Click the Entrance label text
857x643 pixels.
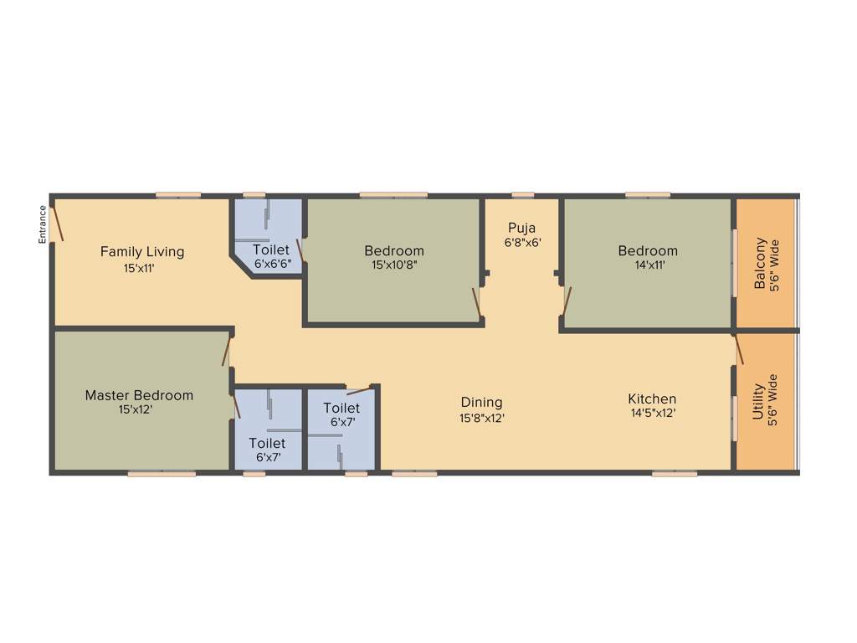(x=42, y=224)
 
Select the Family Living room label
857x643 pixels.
(x=142, y=251)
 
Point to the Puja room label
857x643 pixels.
(x=522, y=228)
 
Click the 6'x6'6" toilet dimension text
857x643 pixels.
(x=272, y=264)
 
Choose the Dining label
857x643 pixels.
(x=481, y=403)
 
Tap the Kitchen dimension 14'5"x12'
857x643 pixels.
(x=653, y=413)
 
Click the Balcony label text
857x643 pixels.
(x=760, y=264)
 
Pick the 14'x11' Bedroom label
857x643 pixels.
(x=648, y=250)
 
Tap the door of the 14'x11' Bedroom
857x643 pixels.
(x=567, y=302)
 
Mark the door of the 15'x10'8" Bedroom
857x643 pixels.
(x=477, y=303)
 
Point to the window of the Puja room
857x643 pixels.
(x=523, y=195)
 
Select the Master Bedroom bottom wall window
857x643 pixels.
(x=162, y=474)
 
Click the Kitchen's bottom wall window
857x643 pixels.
(x=675, y=474)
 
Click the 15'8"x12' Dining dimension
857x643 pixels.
(x=481, y=417)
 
